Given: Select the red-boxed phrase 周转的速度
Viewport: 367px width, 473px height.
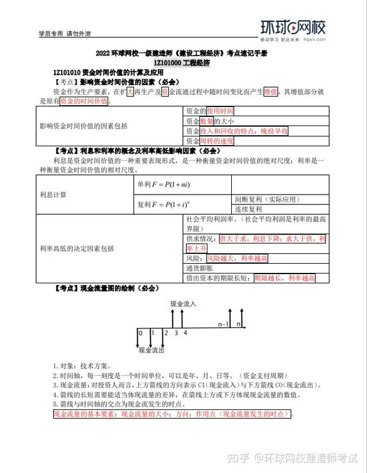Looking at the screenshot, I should [218, 141].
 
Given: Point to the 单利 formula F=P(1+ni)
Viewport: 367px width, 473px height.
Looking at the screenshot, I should [161, 184].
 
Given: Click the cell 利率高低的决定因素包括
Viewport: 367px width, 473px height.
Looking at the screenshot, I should [76, 248].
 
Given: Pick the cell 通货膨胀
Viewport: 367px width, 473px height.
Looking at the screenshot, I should [198, 268].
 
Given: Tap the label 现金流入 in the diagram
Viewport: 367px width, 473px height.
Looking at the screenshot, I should [183, 304].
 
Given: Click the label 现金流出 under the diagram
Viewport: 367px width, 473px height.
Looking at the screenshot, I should [152, 351].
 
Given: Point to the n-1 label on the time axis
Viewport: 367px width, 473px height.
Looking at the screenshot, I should [224, 324].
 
